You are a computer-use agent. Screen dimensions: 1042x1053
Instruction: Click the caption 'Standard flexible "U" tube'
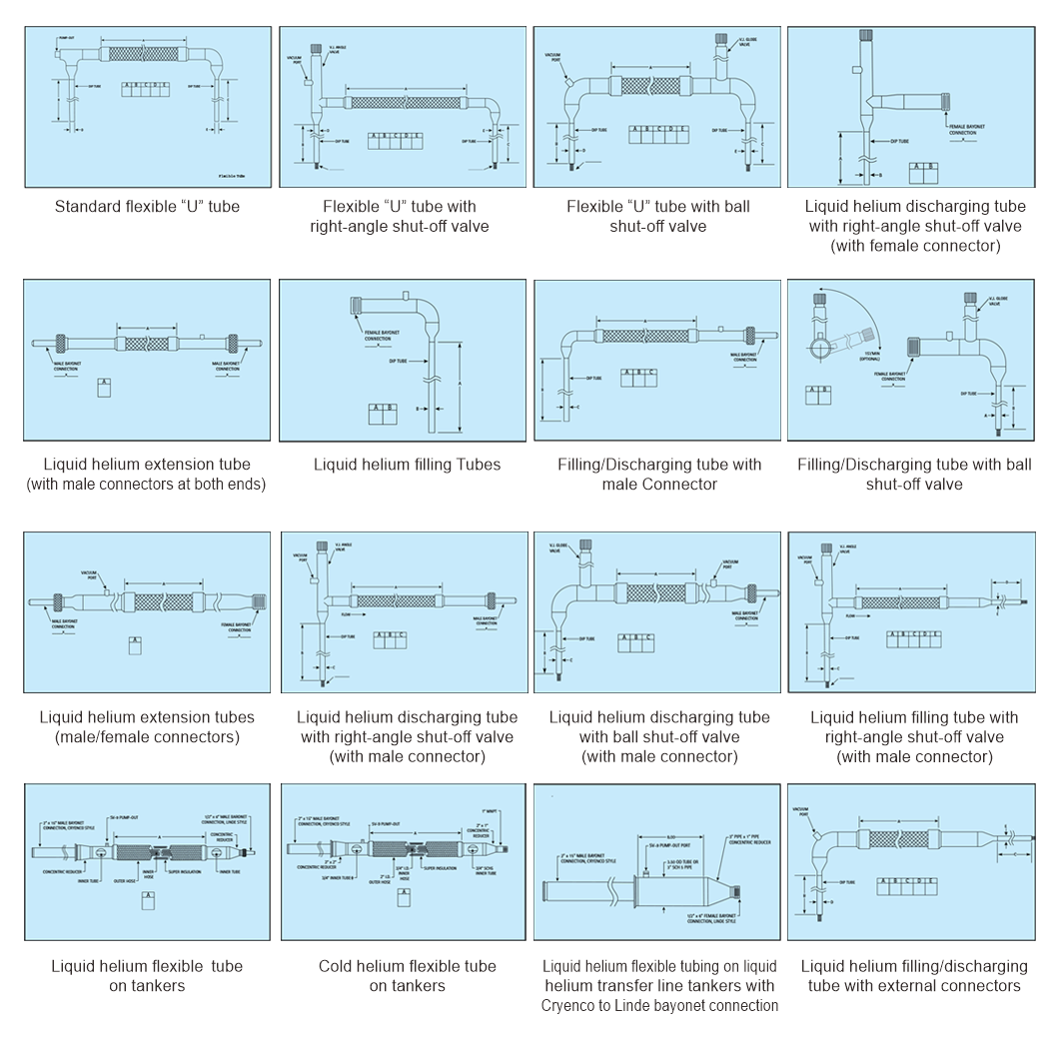coord(147,207)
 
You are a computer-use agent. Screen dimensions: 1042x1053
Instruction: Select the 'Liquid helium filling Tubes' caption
coord(407,464)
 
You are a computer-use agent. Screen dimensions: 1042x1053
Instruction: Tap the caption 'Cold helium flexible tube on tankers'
coord(407,975)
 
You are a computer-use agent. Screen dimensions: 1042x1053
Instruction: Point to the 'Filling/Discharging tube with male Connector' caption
coord(658,474)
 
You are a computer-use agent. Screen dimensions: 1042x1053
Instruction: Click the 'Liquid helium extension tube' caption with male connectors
coord(147,474)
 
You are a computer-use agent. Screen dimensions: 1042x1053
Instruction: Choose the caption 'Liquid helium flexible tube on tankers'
coord(147,975)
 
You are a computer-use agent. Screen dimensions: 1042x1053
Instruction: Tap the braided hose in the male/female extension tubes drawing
coord(162,602)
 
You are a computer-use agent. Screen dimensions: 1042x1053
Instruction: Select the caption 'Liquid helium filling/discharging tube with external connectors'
coord(914,975)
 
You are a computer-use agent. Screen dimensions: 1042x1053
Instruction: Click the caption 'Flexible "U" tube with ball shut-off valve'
coord(658,216)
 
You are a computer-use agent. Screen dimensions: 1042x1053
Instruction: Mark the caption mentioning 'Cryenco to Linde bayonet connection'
coord(658,985)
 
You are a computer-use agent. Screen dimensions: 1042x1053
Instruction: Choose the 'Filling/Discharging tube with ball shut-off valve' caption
coord(914,474)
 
